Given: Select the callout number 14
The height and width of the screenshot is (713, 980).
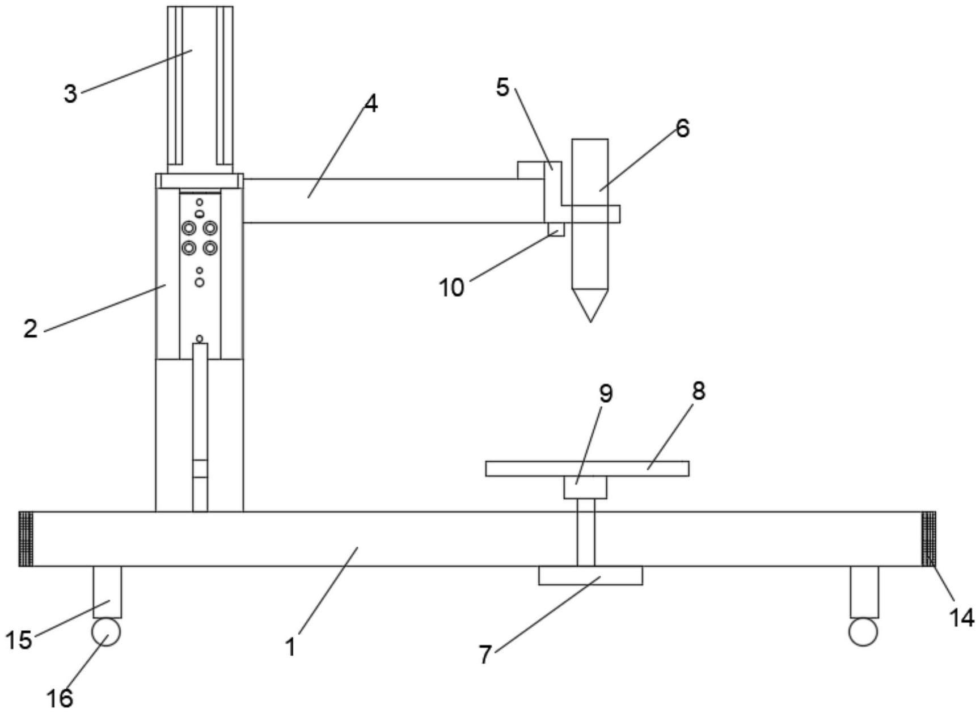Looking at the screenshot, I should pos(962,618).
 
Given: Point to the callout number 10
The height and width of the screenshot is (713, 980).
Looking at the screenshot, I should pos(451,288).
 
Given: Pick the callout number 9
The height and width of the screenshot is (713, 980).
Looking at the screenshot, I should pos(606,393).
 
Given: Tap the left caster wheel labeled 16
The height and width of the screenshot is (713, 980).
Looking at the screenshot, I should pos(107,632).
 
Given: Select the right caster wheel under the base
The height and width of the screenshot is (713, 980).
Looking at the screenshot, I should pos(863,632).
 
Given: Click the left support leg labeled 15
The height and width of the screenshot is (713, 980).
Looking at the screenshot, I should pos(107,592).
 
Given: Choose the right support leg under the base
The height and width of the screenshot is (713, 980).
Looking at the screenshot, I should pos(864,592).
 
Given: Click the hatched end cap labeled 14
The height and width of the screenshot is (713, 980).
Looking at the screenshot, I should pos(928,539).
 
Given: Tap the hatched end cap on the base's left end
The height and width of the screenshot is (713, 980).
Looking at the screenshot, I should pos(26,539).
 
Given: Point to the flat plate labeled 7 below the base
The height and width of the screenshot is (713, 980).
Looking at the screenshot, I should pos(590,575).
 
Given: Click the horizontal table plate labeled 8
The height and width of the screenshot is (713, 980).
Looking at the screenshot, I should pos(588,469).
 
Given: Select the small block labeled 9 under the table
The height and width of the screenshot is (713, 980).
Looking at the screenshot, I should pos(585,488).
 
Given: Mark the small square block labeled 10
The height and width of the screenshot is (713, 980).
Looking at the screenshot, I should pos(556,229).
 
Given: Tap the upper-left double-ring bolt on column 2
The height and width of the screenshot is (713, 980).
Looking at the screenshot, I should pos(189,228).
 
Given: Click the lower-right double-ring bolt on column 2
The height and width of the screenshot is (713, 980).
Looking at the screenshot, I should pos(210,248).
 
